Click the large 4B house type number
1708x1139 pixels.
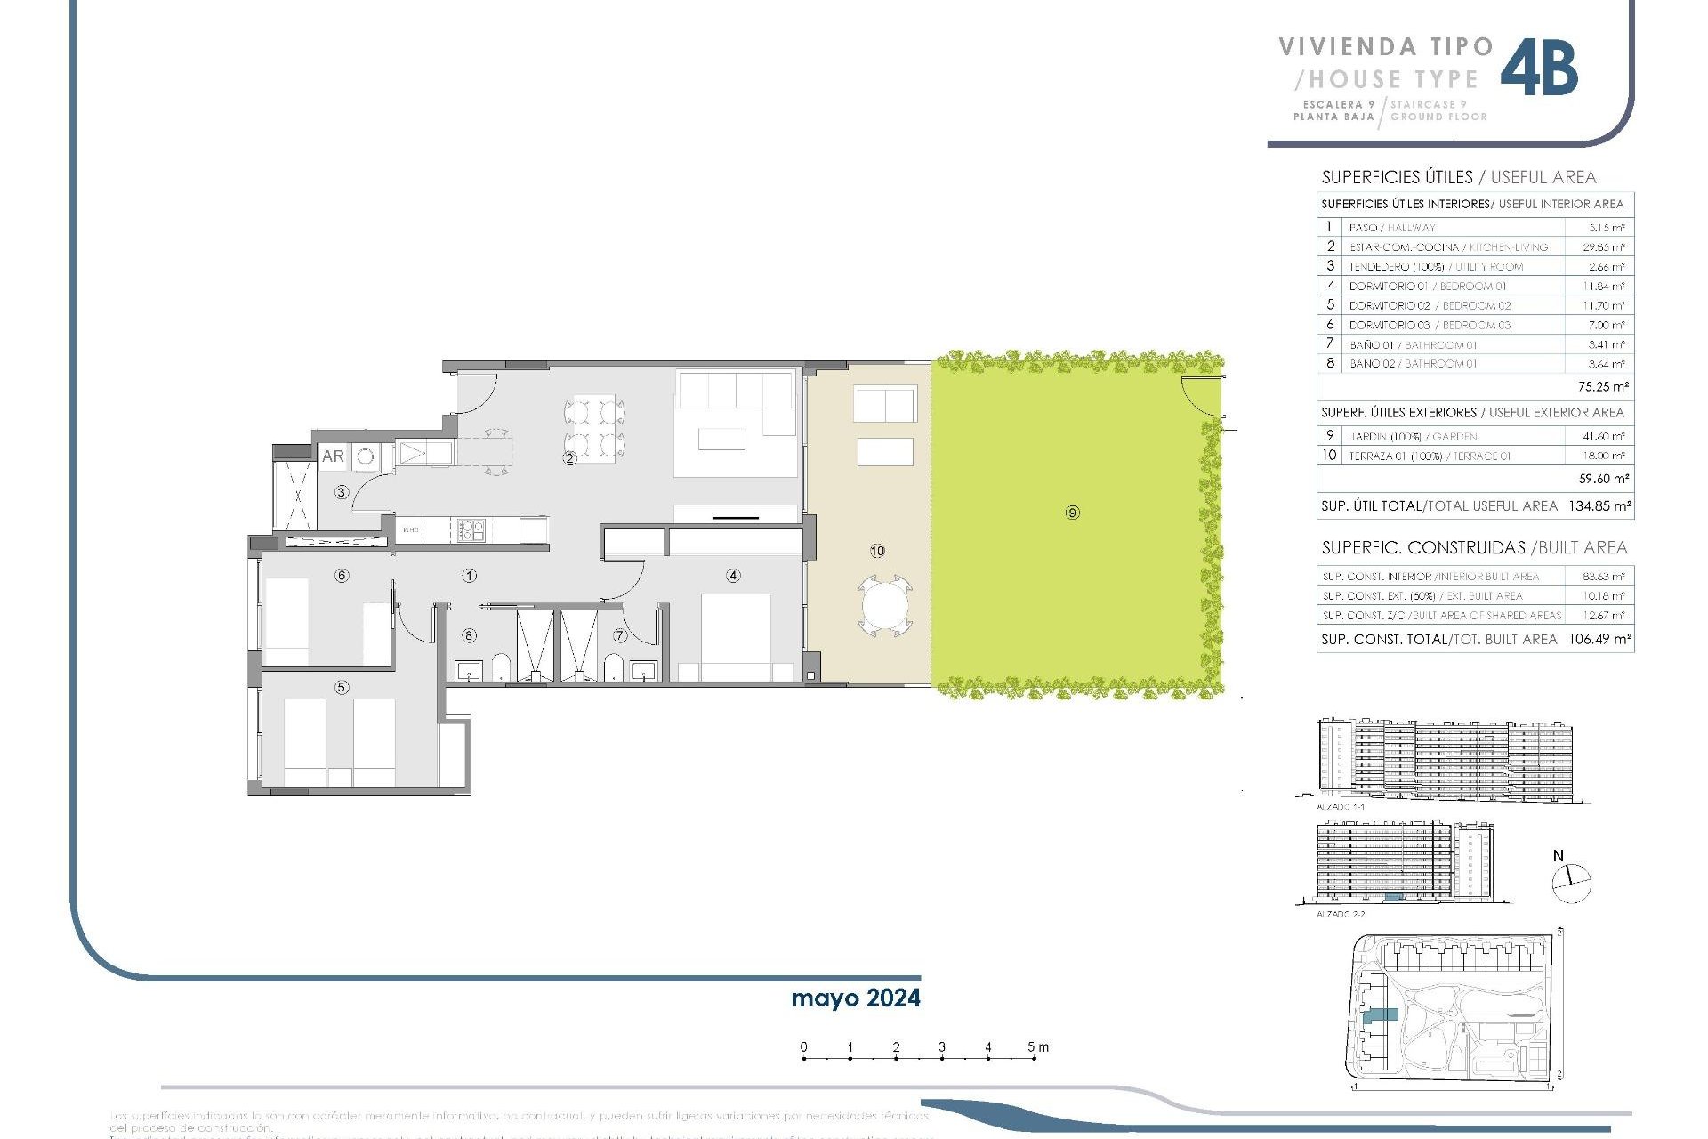coord(1539,69)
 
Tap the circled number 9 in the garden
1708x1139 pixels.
coord(1073,513)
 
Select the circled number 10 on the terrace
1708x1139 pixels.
coord(877,552)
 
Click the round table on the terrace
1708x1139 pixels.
coord(885,608)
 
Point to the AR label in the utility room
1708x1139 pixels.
coord(333,456)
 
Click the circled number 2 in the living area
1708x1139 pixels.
coord(569,459)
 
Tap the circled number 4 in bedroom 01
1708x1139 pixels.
coord(733,576)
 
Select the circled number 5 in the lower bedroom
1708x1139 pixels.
coord(342,687)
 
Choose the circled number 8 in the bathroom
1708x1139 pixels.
coord(469,635)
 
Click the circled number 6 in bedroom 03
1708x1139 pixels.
coord(342,576)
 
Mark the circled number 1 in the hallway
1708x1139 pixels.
coord(469,576)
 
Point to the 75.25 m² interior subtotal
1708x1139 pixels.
coord(1603,387)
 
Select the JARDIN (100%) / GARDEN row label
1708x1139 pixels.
coord(1413,436)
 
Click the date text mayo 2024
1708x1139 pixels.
coord(856,998)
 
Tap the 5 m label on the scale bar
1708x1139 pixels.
coord(1038,1047)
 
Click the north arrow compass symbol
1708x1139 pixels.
coord(1571,883)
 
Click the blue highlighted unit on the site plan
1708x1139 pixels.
coord(1381,1014)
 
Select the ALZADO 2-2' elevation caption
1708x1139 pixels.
coord(1341,914)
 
